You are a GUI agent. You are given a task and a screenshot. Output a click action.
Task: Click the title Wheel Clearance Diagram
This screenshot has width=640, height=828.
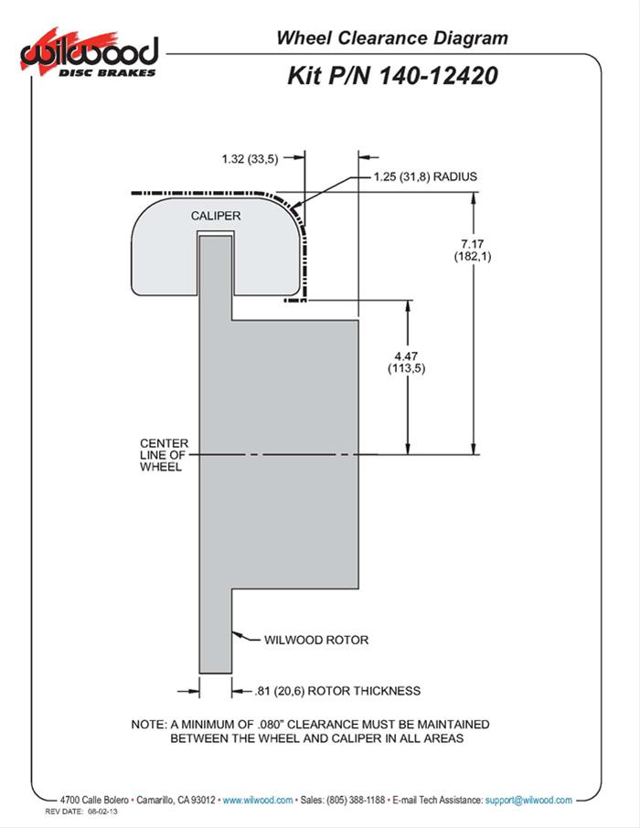391,38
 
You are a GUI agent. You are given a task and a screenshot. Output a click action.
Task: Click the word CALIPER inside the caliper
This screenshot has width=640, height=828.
216,216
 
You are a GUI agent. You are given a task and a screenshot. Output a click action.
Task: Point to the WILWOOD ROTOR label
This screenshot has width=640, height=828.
315,640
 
